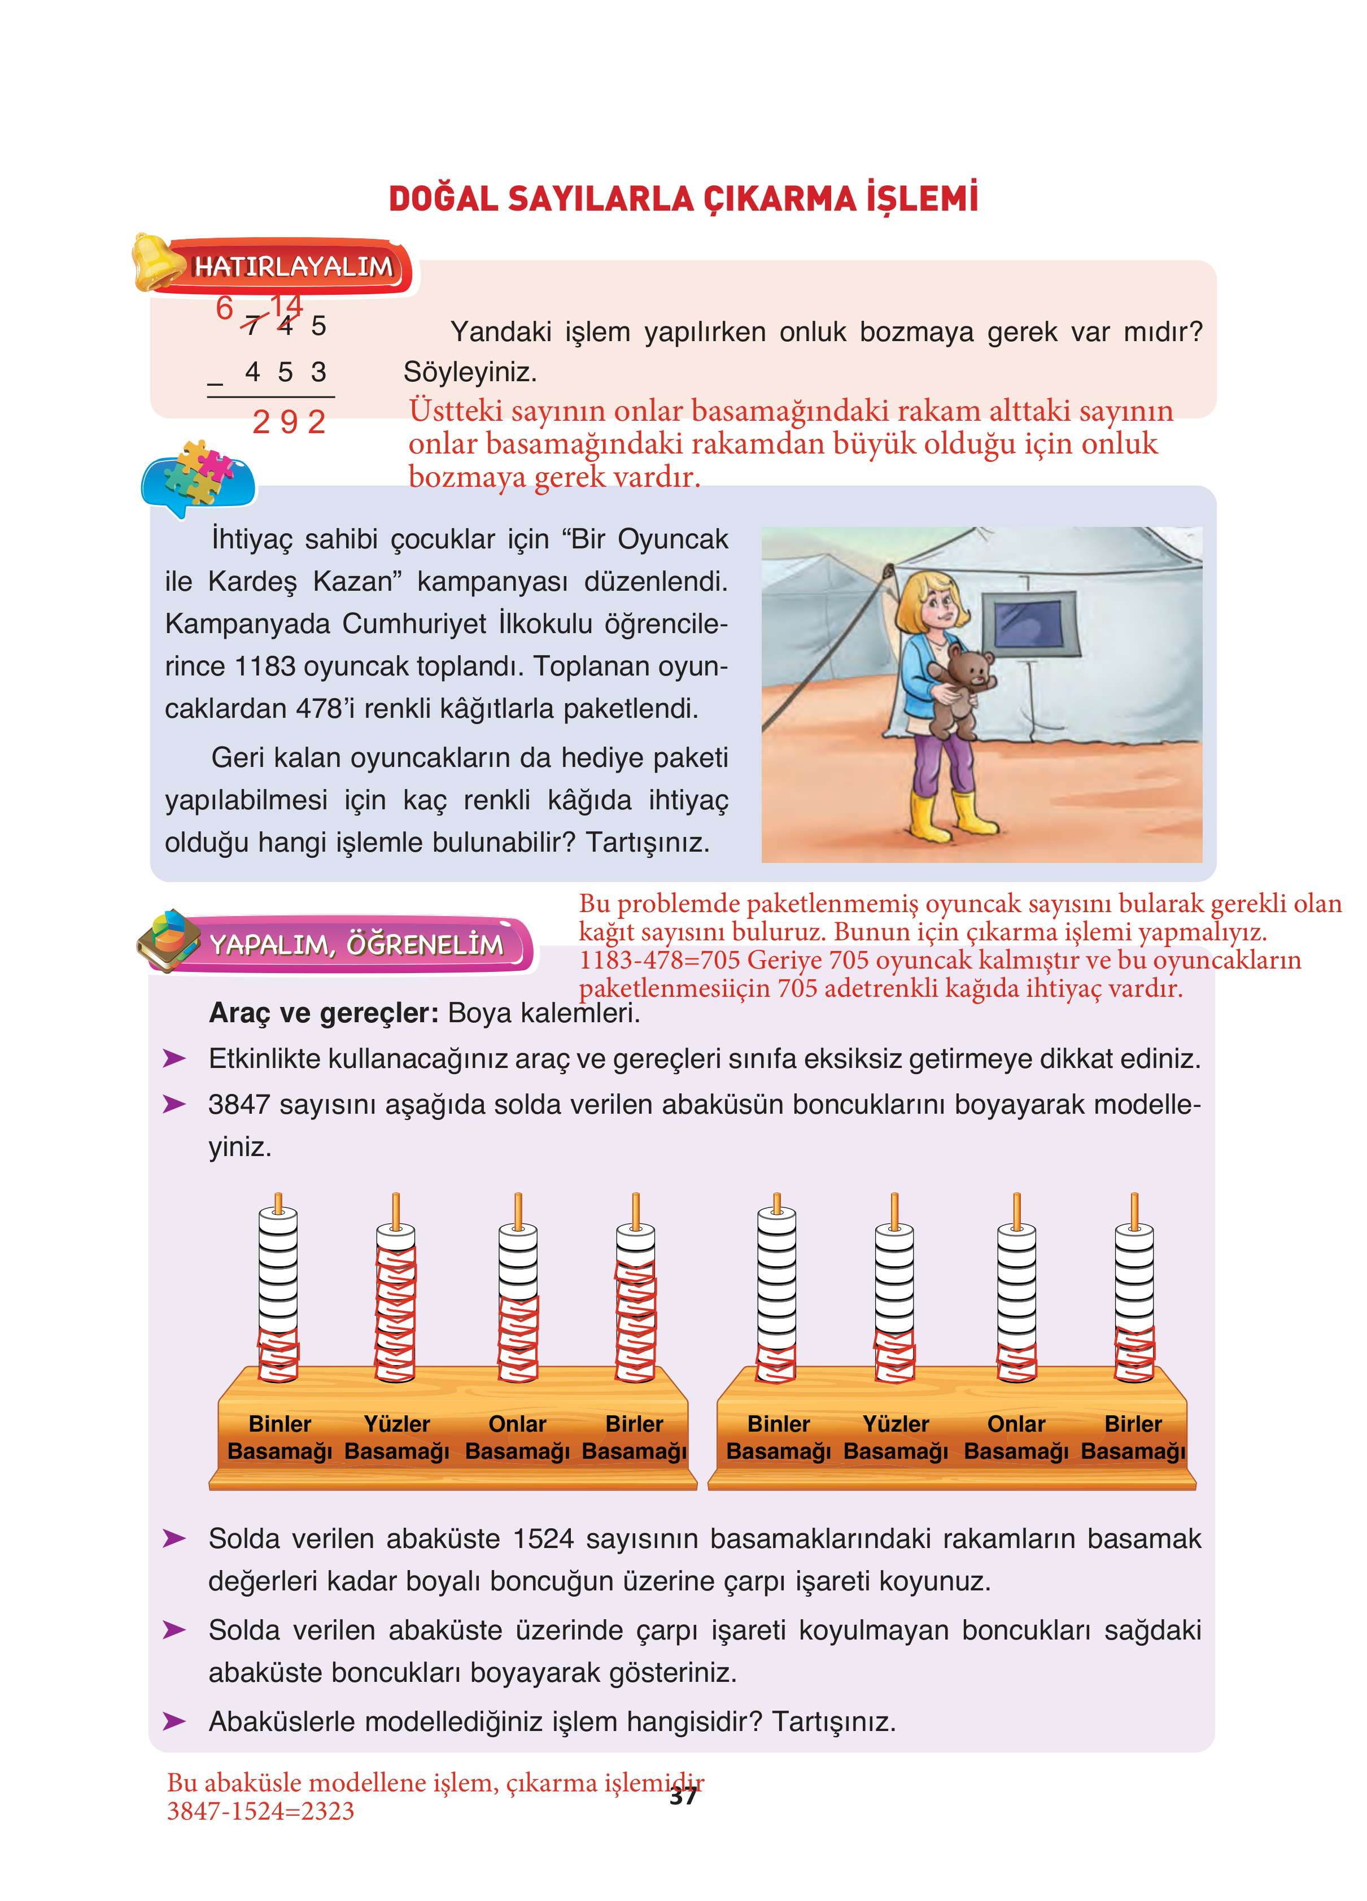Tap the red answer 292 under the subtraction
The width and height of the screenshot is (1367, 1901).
coord(289,422)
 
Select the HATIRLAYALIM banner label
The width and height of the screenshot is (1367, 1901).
coord(294,267)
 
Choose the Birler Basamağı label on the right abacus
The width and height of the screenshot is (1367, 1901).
coord(1133,1437)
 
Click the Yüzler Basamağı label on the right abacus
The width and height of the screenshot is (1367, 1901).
coord(896,1437)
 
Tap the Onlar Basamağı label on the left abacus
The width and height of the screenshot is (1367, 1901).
coord(517,1437)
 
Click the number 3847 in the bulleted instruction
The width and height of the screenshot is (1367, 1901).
coord(240,1105)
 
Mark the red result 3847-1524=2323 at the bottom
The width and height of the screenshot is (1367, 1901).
coord(261,1811)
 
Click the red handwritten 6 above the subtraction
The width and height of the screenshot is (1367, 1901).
coord(225,308)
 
